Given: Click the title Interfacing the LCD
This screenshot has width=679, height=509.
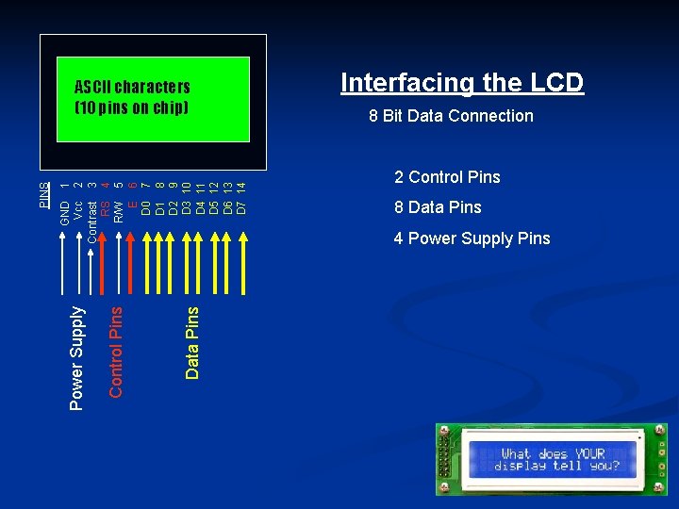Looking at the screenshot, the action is click(462, 82).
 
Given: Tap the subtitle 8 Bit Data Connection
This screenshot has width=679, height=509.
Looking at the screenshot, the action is click(451, 116).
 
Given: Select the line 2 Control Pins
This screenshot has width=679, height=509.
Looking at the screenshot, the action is click(447, 177).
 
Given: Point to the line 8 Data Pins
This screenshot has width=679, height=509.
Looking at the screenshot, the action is click(438, 207).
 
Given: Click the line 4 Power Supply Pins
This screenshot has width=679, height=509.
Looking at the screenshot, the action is click(472, 238).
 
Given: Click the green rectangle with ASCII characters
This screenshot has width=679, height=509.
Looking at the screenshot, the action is click(154, 99).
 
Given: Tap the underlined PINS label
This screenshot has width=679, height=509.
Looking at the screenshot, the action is click(44, 195).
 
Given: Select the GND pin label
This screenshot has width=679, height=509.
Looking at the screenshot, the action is click(65, 213).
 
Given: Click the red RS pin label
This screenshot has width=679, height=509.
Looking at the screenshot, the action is click(106, 208).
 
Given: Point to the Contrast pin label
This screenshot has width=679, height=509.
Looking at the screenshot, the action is click(91, 222).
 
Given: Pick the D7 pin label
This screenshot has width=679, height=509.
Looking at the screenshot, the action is click(241, 207).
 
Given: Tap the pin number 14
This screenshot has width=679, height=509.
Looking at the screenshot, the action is click(241, 188).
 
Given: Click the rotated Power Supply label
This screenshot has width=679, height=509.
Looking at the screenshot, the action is click(76, 358).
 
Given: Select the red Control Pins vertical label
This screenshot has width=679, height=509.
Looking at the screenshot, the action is click(116, 353).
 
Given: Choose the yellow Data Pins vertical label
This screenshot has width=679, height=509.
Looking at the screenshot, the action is click(191, 343).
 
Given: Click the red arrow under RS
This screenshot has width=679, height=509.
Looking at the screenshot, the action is click(102, 263).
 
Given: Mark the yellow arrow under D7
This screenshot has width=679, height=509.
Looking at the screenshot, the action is click(243, 263).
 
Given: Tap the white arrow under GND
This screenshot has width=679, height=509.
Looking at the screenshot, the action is click(62, 263).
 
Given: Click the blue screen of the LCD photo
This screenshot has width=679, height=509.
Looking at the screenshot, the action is click(553, 460).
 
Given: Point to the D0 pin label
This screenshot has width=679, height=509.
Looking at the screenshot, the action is click(146, 207).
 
